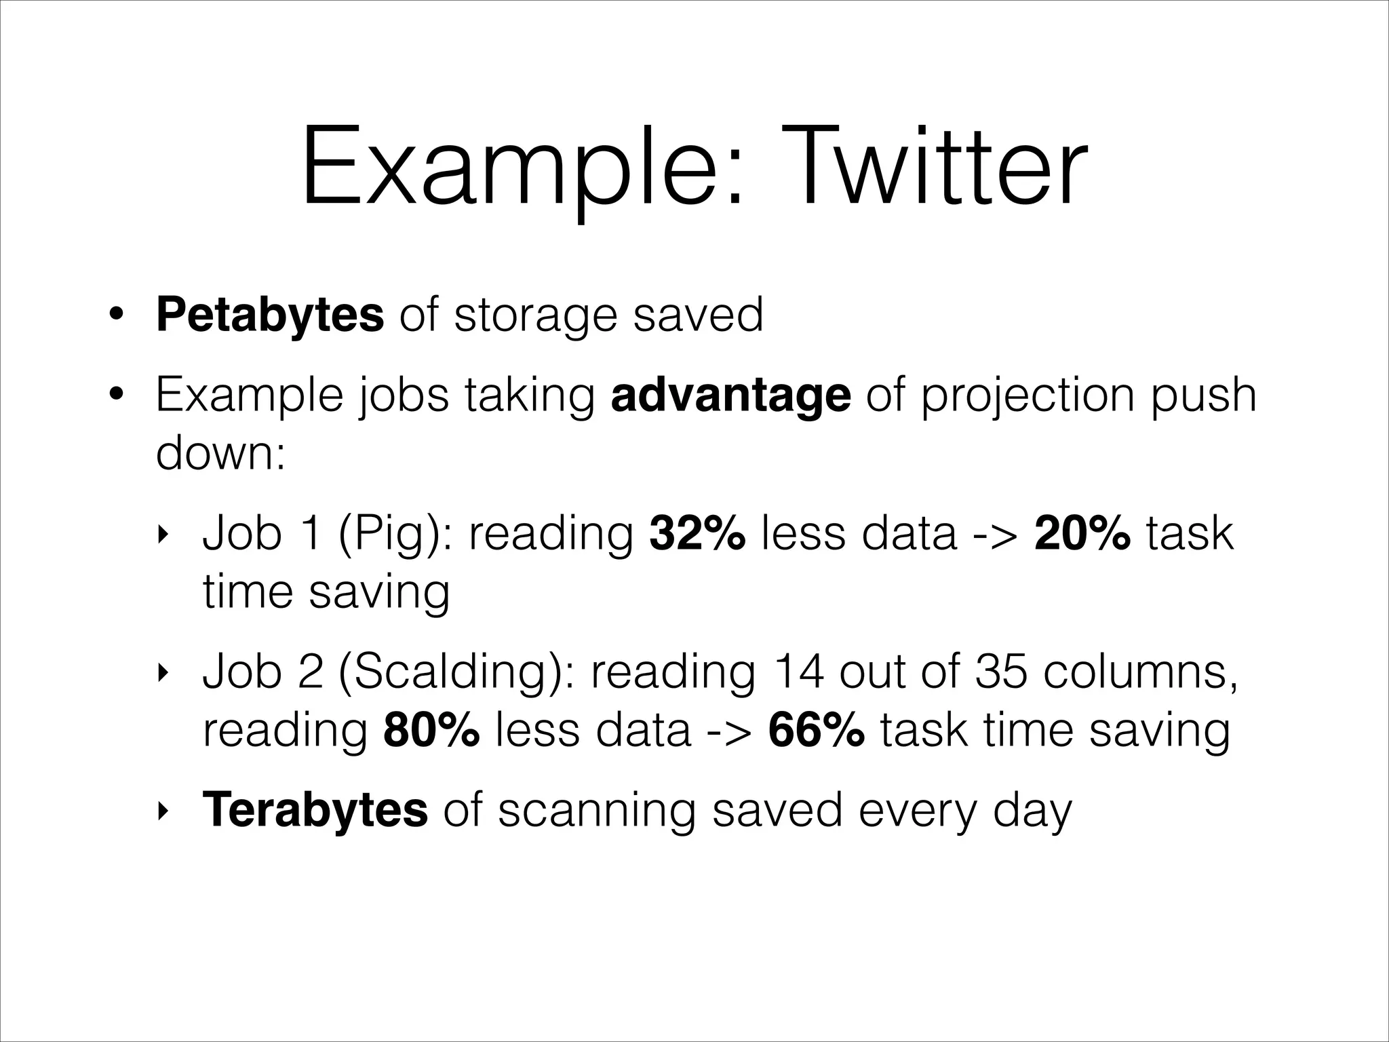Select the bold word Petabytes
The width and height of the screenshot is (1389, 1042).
tap(269, 315)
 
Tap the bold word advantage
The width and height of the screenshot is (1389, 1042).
tap(730, 395)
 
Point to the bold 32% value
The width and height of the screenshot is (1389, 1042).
tap(697, 533)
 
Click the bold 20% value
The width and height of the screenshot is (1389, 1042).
tap(1082, 533)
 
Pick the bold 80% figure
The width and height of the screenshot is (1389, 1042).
tap(431, 731)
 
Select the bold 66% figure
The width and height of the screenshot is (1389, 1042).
tap(816, 731)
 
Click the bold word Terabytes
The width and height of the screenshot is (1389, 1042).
tap(315, 809)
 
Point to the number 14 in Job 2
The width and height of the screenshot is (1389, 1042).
tap(798, 672)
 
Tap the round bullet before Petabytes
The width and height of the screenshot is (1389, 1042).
tap(117, 315)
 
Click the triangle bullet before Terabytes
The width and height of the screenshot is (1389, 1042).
tap(161, 811)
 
